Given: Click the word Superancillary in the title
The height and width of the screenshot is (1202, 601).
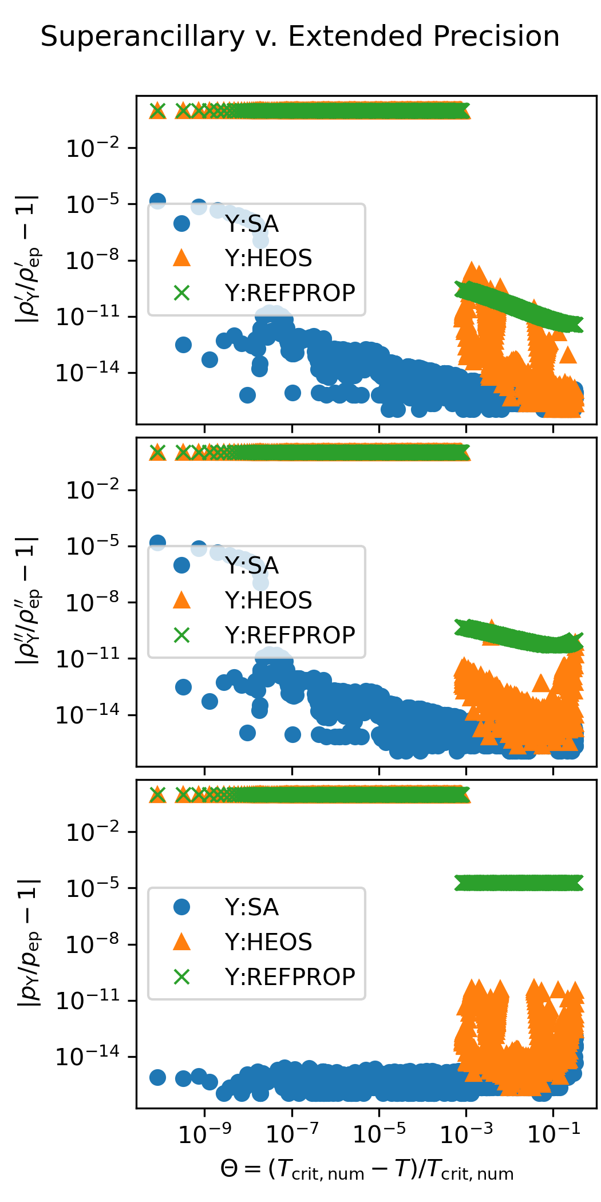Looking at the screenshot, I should tap(143, 37).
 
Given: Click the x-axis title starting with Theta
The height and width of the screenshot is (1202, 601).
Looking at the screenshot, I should tap(367, 1170).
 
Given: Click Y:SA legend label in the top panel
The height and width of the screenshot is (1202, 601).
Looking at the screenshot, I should tap(252, 224).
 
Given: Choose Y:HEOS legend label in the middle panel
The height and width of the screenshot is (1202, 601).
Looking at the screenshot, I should tap(268, 600).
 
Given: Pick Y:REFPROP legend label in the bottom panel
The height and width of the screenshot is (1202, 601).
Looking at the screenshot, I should tap(290, 977).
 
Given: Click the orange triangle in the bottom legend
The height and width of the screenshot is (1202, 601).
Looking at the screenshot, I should tap(181, 942).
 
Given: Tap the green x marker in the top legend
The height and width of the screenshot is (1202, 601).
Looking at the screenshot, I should tap(181, 293).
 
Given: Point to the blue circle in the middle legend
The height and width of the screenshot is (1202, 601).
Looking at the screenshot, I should tap(181, 566).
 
